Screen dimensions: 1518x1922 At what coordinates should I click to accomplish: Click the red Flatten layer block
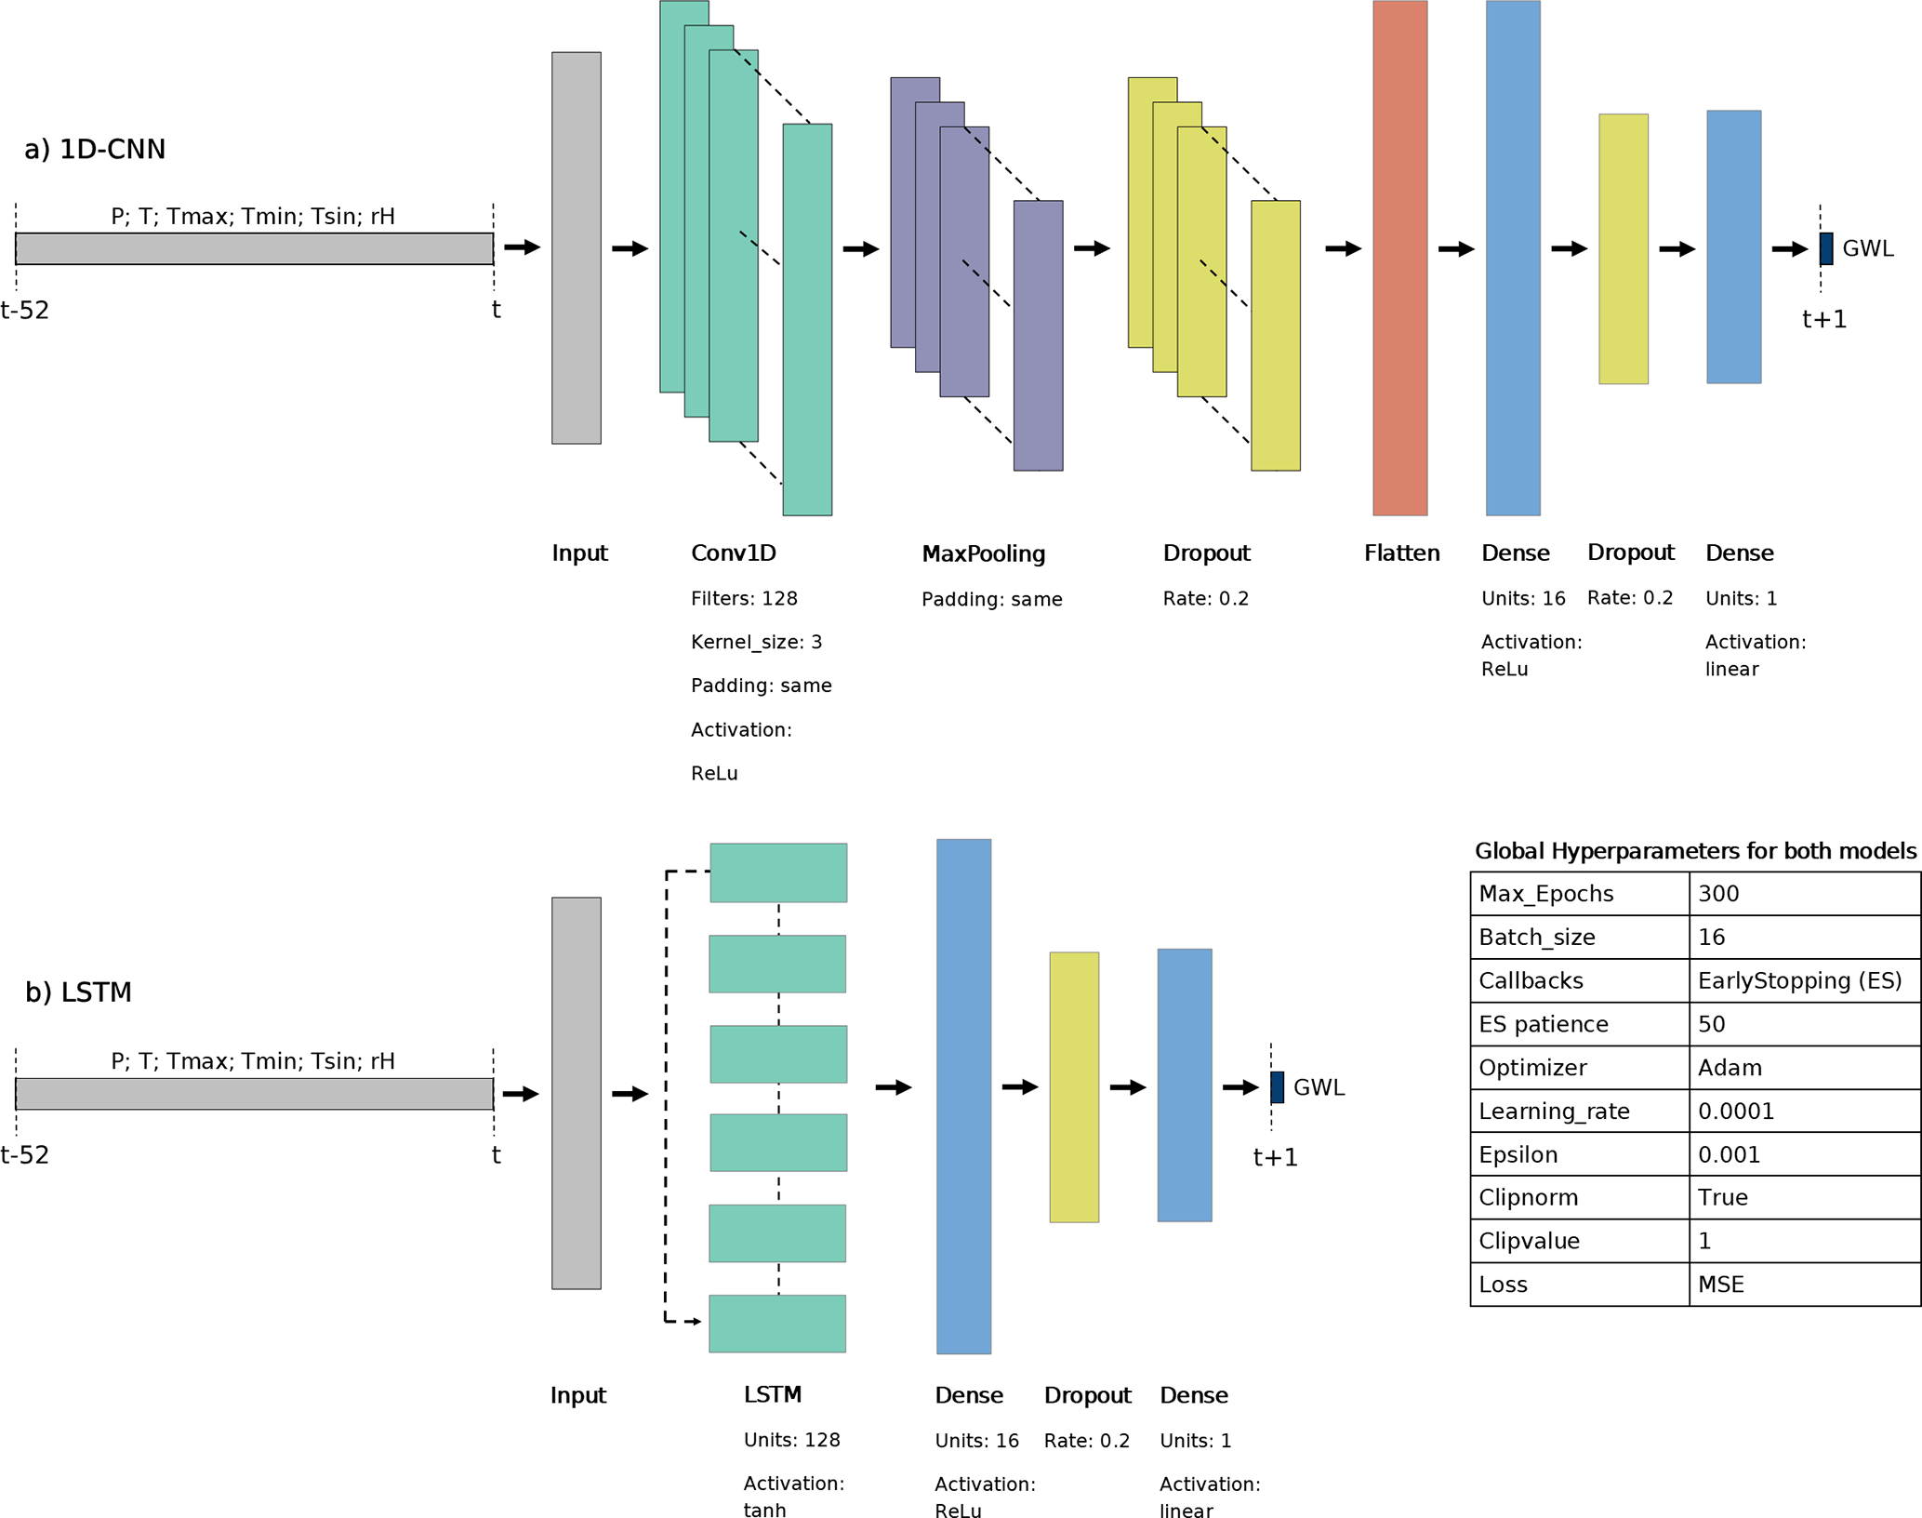tap(1399, 258)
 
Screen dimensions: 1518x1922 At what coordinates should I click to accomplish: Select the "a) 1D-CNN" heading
tap(95, 149)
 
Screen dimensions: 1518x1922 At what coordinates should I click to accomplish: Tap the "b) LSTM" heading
tap(78, 992)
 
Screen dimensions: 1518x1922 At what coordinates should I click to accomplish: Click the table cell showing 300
tap(1717, 894)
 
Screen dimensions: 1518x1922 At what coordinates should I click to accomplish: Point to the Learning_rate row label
tap(1554, 1112)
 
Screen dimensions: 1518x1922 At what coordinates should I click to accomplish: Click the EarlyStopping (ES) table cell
tap(1799, 980)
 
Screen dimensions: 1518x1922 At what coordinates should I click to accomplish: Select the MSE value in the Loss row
tap(1720, 1285)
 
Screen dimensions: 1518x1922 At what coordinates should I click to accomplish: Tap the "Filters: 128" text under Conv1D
tap(744, 598)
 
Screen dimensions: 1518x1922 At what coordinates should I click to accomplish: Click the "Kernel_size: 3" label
tap(756, 642)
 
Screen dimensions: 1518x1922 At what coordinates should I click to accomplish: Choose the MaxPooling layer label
tap(983, 553)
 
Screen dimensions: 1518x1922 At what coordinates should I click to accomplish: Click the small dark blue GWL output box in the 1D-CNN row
tap(1826, 248)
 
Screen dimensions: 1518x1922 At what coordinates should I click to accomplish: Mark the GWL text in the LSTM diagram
tap(1319, 1087)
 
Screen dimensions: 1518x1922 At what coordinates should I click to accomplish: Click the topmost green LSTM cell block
tap(778, 872)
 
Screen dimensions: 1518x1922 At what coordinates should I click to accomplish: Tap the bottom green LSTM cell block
tap(777, 1323)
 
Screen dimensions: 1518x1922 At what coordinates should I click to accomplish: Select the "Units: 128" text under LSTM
tap(791, 1440)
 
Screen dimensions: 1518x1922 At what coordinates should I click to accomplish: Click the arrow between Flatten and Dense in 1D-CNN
tap(1456, 248)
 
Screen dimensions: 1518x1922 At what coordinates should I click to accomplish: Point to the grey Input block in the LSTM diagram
tap(576, 1093)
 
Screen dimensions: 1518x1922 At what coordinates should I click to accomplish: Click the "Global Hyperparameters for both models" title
tap(1695, 851)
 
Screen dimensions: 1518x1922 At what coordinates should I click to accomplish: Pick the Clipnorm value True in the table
tap(1722, 1198)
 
